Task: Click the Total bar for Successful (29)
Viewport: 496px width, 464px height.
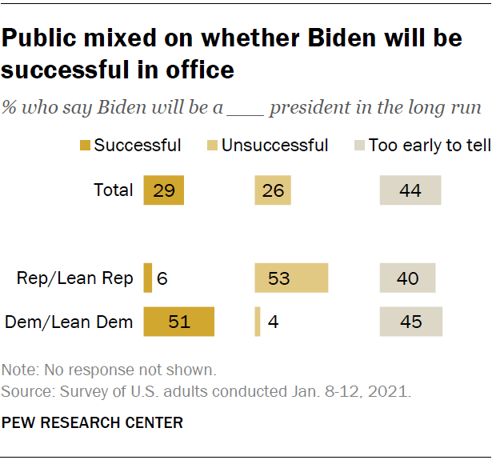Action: click(164, 190)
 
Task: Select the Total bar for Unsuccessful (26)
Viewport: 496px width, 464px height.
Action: click(273, 190)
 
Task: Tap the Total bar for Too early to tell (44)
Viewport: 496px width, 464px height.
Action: click(410, 190)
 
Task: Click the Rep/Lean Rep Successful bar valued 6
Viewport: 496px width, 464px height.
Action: click(148, 278)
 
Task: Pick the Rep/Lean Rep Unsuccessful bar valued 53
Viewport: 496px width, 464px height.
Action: click(291, 278)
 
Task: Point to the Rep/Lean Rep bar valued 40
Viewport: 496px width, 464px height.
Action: click(407, 278)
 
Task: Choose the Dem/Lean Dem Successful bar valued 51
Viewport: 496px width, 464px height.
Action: click(179, 322)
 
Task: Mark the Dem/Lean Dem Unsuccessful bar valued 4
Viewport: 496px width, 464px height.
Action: click(258, 322)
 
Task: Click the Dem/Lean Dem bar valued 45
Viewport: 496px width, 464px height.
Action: click(411, 322)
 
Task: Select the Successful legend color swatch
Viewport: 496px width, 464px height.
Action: click(84, 146)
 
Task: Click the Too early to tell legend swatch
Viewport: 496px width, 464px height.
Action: click(359, 146)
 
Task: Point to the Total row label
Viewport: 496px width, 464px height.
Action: click(114, 190)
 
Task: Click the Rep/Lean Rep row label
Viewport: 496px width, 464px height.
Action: click(75, 278)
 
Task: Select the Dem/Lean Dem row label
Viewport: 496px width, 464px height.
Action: click(70, 322)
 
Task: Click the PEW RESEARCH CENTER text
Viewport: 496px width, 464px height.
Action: click(92, 422)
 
